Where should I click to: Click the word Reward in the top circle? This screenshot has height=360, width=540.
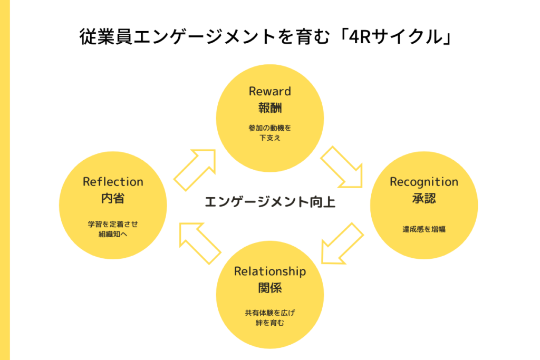coord(269,91)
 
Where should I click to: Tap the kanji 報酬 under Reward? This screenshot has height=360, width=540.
coord(270,108)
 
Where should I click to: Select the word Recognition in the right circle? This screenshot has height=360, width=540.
coord(424,182)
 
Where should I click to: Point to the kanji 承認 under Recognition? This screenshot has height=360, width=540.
coord(424,198)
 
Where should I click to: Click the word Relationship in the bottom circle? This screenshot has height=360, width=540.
coord(270,271)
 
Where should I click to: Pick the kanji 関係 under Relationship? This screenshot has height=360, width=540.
coord(270,288)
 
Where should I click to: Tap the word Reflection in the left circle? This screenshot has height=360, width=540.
coord(113,182)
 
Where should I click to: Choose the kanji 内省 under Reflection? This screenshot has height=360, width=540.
coord(113,198)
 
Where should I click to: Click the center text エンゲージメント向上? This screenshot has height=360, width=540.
coord(270,202)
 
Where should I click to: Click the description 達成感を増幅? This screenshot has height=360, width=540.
coord(424,229)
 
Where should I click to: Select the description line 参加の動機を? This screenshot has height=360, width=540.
coord(270,128)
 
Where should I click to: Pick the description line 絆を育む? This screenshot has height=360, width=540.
coord(270,323)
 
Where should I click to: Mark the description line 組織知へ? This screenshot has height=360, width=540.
coord(113,235)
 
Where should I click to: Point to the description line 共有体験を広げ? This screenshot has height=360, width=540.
coord(270,313)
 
